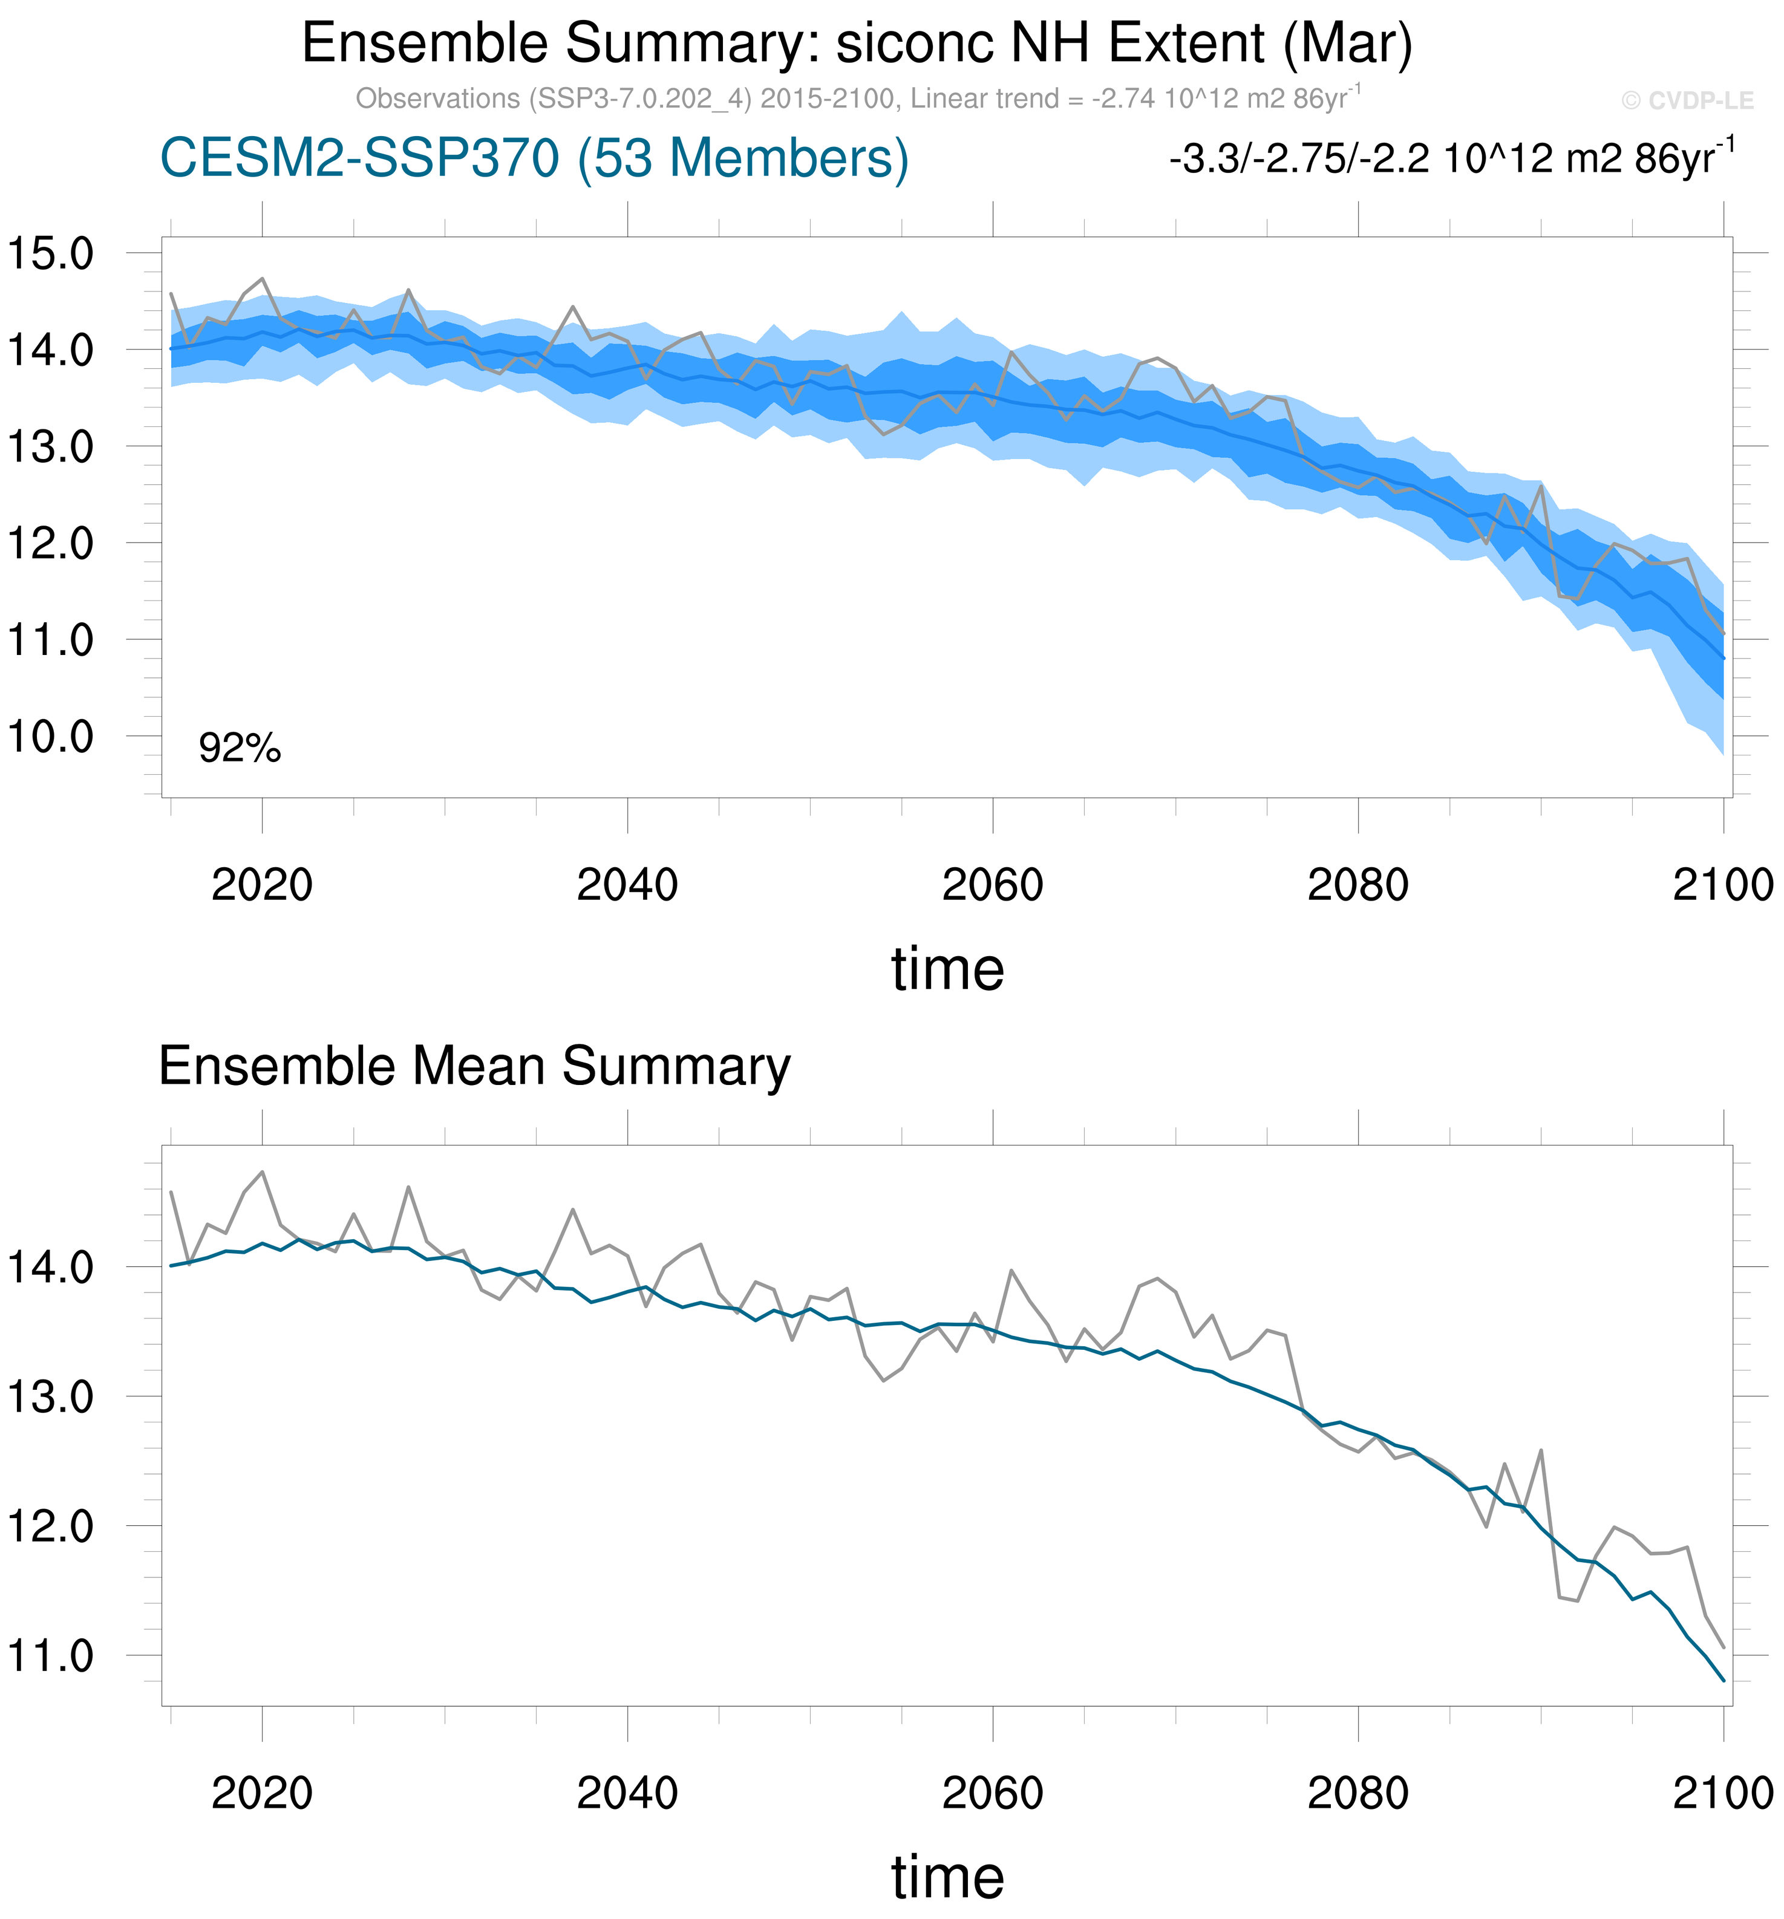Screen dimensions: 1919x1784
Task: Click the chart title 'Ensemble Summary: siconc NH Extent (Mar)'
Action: coord(856,44)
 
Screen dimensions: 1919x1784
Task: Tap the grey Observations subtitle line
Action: coord(858,99)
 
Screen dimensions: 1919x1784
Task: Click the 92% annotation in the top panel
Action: coord(240,748)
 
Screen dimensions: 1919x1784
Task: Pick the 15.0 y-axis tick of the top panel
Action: coord(50,254)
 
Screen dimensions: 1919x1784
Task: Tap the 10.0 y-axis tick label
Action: coord(50,737)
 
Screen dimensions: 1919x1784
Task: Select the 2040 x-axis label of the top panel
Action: coord(627,885)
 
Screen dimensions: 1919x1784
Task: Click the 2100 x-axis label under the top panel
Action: coord(1723,885)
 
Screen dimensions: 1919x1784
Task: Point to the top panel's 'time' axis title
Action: coord(947,969)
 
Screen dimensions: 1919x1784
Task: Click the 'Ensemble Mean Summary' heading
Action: coord(474,1067)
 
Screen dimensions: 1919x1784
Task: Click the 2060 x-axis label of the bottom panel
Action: coord(992,1794)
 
